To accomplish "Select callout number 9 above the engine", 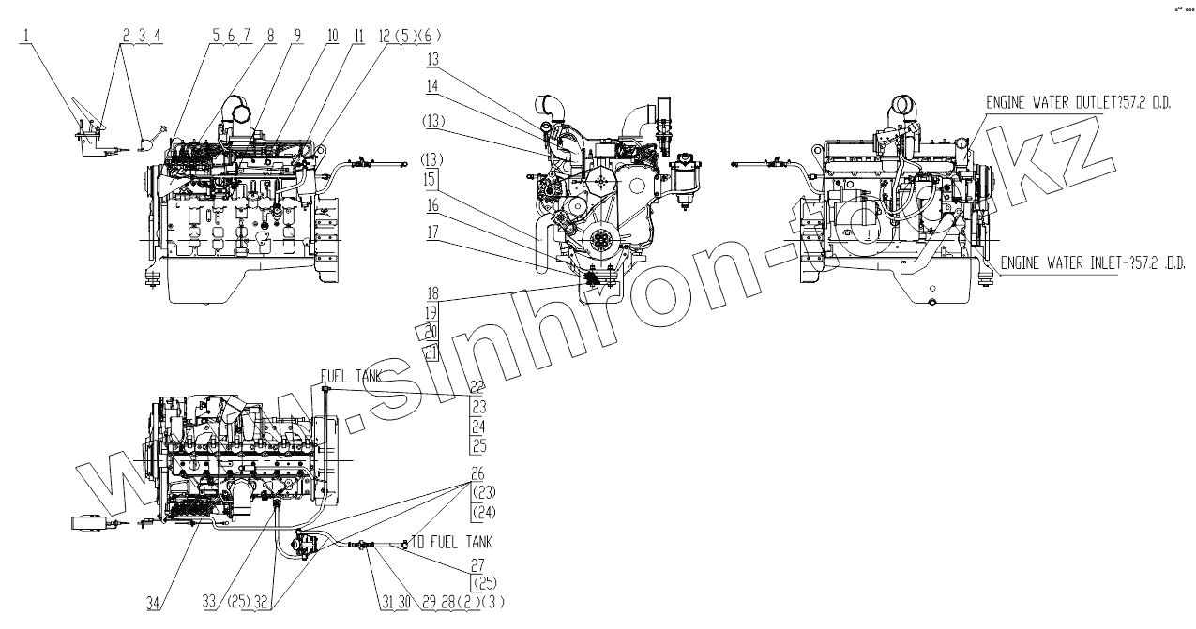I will (297, 37).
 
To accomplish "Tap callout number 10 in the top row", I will (332, 37).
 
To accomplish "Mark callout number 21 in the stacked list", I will (431, 352).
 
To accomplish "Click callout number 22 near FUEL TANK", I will (477, 386).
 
